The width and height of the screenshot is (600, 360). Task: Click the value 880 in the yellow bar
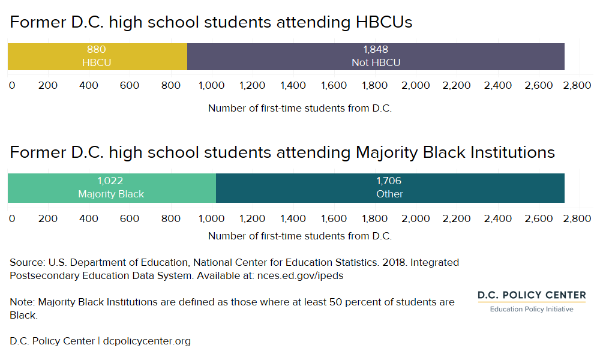tap(97, 50)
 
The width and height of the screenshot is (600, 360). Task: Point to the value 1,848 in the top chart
tap(376, 50)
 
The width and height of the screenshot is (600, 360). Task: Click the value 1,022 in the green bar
tap(111, 181)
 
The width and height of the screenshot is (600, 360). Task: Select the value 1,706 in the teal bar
tap(389, 181)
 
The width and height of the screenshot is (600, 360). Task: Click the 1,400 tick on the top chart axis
tap(293, 85)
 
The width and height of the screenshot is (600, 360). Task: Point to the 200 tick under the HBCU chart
tap(48, 85)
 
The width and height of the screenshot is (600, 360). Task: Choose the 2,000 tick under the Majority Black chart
tap(416, 218)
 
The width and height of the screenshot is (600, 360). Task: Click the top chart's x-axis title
tap(300, 109)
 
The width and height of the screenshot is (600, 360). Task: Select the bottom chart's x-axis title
tap(300, 236)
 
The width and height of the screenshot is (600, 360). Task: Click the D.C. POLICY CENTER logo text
tap(532, 295)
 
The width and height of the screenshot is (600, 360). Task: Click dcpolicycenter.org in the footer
tap(147, 341)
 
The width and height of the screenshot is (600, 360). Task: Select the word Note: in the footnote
tap(22, 302)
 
